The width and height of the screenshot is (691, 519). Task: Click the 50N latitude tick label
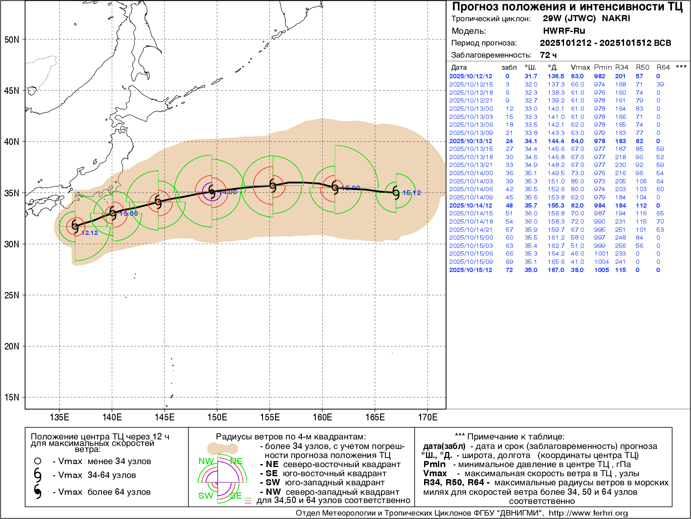point(12,40)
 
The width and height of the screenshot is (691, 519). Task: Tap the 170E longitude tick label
point(428,417)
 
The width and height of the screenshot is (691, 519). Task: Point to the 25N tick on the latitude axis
point(12,295)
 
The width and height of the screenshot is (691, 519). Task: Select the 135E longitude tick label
point(60,417)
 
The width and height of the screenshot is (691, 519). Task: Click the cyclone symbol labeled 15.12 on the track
point(396,192)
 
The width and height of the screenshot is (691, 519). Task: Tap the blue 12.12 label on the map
point(89,233)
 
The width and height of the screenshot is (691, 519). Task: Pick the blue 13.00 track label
point(129,214)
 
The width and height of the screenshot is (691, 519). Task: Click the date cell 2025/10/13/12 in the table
point(470,141)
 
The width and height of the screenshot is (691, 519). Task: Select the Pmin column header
point(602,67)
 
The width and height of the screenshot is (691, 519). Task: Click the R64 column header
point(663,67)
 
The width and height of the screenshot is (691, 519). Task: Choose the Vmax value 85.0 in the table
point(577,181)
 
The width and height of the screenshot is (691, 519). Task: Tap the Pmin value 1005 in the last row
point(601,270)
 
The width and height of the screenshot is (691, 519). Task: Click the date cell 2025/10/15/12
point(470,270)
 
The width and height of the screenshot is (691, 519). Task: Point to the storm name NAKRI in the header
point(616,19)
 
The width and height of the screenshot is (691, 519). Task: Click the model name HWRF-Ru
point(564,31)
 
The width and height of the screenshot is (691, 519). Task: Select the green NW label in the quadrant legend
point(206,461)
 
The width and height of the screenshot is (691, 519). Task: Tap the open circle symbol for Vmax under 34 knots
point(38,461)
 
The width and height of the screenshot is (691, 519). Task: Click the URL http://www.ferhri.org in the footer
point(588,513)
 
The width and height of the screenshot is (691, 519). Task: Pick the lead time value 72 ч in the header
point(548,55)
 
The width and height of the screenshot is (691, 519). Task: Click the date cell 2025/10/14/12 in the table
point(470,205)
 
